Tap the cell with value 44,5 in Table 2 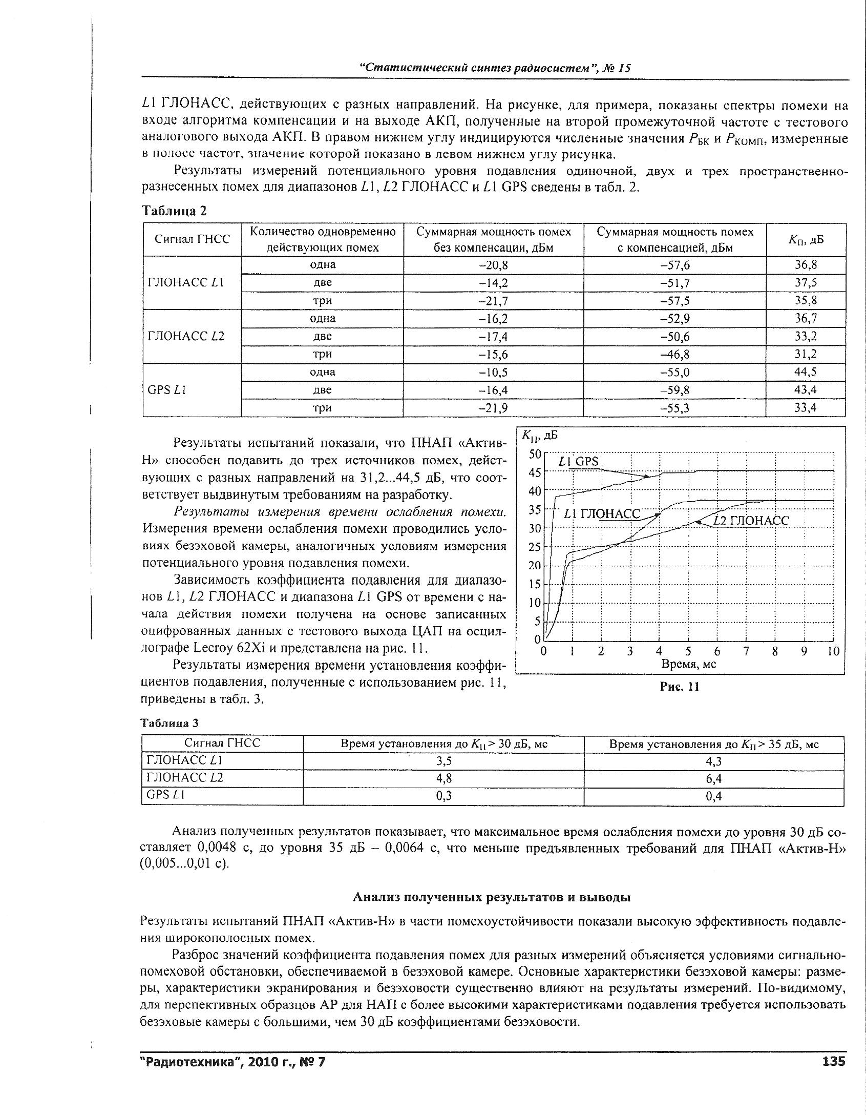806,372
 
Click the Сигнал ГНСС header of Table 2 192,239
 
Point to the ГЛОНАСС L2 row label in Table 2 186,336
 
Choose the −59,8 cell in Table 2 674,390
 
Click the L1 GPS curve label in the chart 578,461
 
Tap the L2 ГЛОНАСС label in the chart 751,521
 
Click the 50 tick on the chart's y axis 534,454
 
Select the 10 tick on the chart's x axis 833,651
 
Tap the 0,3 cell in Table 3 443,796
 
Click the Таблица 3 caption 169,723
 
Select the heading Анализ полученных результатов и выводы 492,897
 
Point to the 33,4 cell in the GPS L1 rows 806,407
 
